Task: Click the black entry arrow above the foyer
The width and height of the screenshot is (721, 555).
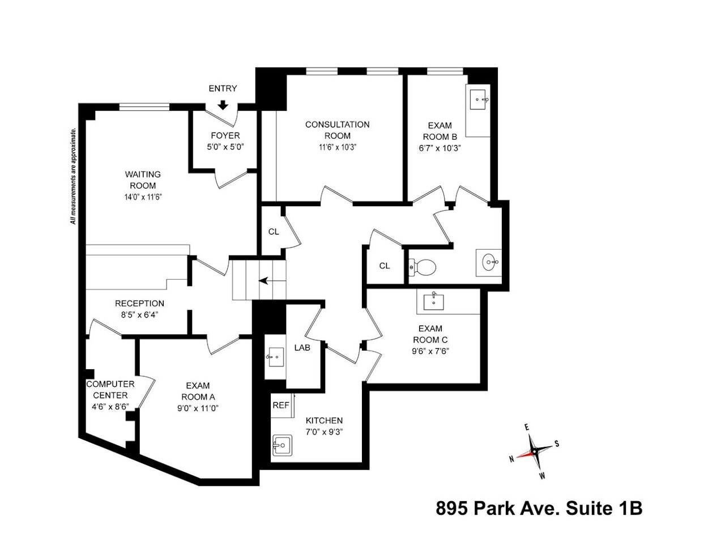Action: (223, 105)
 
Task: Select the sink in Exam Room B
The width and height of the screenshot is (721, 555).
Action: (479, 100)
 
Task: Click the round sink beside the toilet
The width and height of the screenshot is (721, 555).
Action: (490, 262)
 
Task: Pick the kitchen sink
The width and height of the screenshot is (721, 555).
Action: (281, 445)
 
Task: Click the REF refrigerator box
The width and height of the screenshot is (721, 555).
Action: (281, 405)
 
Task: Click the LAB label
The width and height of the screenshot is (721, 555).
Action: (302, 348)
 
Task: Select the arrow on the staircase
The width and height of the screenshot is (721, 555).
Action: (263, 280)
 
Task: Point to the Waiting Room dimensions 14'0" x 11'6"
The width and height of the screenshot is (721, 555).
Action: (143, 197)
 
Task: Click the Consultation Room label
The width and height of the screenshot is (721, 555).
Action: (337, 130)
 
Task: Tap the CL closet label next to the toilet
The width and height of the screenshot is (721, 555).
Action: (385, 266)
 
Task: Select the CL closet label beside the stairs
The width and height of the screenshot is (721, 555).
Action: (274, 232)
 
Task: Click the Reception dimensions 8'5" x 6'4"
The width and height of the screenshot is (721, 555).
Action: (139, 314)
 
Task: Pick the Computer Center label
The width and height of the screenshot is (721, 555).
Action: (110, 390)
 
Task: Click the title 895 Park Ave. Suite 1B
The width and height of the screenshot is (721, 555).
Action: (539, 508)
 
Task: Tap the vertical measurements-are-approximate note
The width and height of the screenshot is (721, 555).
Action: (73, 176)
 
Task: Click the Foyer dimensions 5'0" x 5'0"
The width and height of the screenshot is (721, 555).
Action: (225, 146)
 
